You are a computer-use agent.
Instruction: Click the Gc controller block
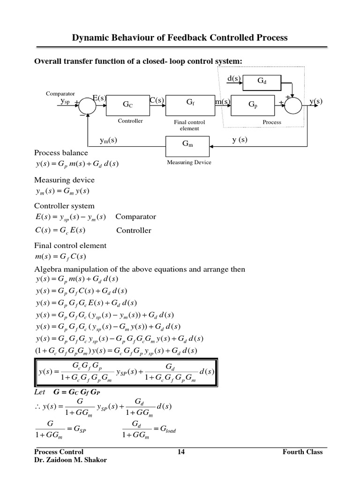(128, 105)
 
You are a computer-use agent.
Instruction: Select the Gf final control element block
(189, 103)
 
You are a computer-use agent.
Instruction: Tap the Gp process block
(253, 105)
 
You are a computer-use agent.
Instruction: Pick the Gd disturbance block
(262, 81)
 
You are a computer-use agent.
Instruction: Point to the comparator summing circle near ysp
(87, 105)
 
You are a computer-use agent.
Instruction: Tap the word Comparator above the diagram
(60, 94)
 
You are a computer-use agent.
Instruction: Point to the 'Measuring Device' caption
(189, 162)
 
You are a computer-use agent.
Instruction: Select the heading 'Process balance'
(61, 153)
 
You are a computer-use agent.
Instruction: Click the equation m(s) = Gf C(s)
(61, 256)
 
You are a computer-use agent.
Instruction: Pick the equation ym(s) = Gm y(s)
(62, 191)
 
